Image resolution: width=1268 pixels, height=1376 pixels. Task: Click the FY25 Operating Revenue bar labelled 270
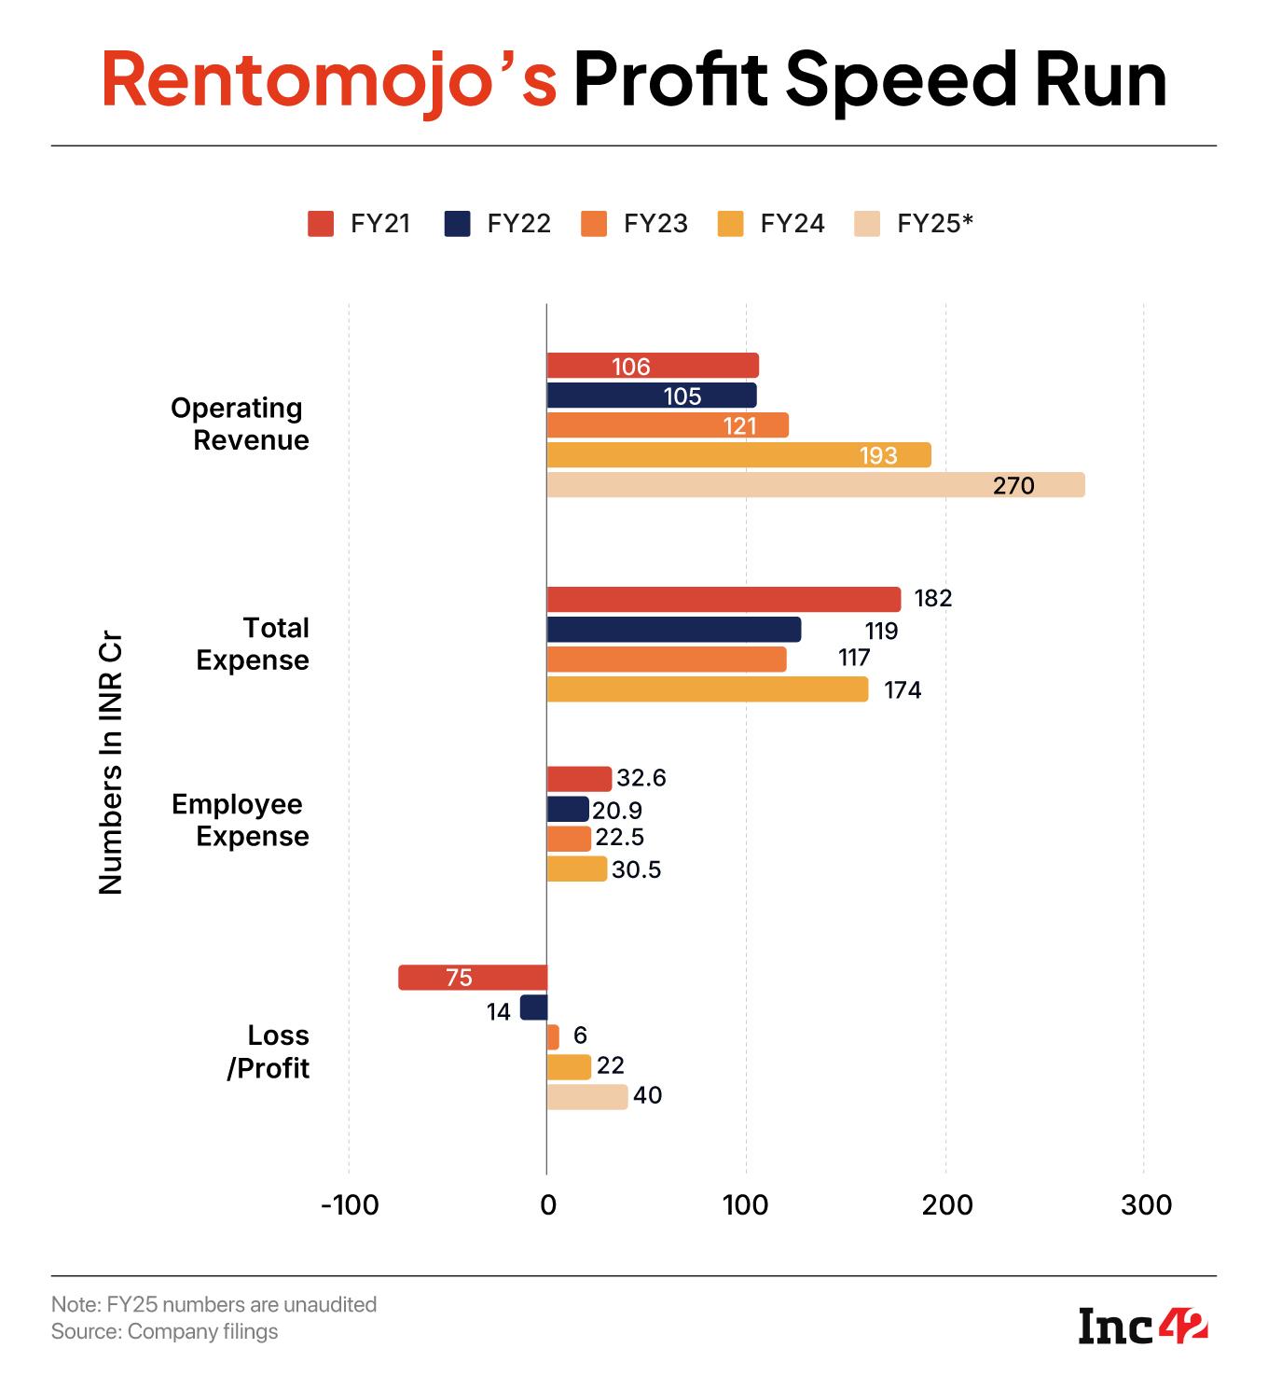(816, 485)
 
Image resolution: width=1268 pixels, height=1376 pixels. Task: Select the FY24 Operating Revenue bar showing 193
(738, 455)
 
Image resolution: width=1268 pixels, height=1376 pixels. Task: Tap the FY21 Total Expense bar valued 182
(724, 599)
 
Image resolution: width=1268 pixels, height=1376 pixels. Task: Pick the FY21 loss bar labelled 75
(473, 978)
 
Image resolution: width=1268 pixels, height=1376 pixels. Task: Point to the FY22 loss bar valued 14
(534, 1008)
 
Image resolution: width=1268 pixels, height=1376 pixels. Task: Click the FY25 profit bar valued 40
(587, 1097)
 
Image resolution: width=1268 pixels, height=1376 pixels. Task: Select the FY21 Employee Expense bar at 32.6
(579, 779)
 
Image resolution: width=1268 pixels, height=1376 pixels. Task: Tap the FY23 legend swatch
(594, 225)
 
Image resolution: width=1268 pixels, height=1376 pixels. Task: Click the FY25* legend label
(934, 224)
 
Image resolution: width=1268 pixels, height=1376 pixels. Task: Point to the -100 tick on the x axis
(350, 1205)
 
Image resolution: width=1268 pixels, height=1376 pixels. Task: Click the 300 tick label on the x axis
(1146, 1205)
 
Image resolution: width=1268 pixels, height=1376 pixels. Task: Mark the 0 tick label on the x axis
(547, 1205)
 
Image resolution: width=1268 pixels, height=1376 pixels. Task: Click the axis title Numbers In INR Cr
(111, 765)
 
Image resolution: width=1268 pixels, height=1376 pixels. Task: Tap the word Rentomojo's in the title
(328, 80)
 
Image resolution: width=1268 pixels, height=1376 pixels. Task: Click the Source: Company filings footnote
(164, 1331)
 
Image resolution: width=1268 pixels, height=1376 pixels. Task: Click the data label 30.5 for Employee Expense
(636, 870)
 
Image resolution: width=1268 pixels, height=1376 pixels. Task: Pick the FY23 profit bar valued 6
(553, 1037)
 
